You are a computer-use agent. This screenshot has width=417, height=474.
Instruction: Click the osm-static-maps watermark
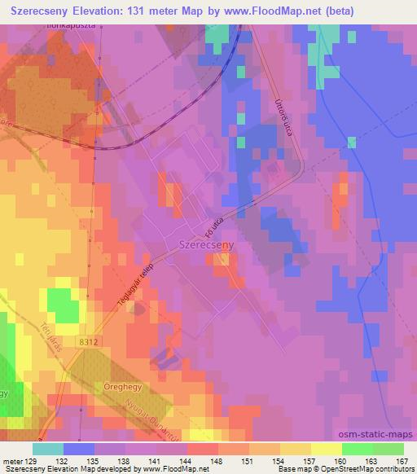coord(383,432)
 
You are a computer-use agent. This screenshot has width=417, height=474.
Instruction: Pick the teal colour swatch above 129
coord(48,449)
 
